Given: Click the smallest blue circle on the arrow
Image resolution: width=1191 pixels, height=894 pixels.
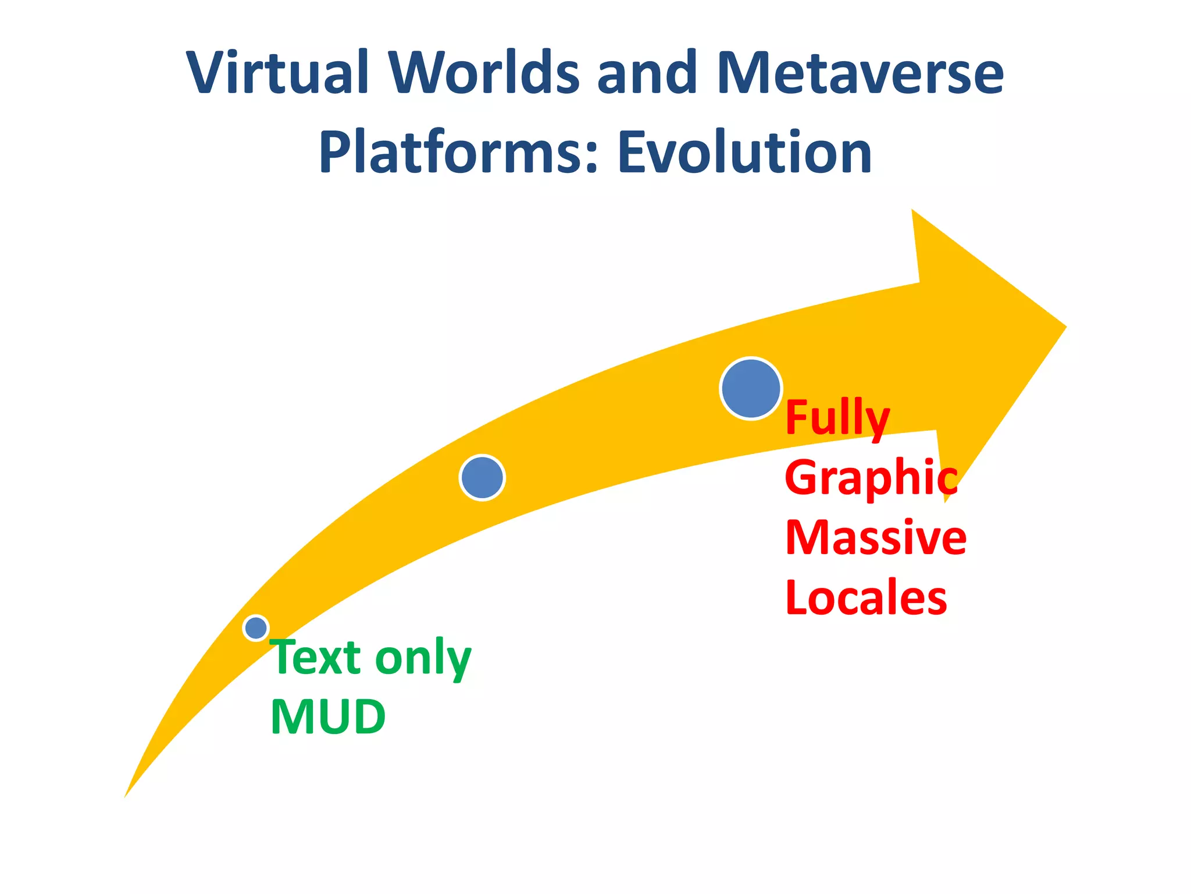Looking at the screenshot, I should pyautogui.click(x=256, y=628).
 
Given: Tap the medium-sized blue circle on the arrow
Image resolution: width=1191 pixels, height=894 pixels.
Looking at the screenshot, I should pyautogui.click(x=482, y=478).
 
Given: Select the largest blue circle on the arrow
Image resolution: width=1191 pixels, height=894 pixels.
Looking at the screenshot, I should pyautogui.click(x=751, y=388).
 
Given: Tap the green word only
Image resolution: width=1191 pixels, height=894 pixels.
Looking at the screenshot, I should pyautogui.click(x=423, y=658).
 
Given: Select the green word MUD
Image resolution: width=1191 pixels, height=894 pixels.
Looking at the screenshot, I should pyautogui.click(x=328, y=717).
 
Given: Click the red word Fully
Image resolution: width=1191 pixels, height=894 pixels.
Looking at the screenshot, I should pyautogui.click(x=837, y=418).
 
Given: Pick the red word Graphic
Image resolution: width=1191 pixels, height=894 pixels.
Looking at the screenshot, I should pyautogui.click(x=871, y=478).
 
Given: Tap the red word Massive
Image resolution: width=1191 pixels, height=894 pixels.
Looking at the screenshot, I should pyautogui.click(x=875, y=538).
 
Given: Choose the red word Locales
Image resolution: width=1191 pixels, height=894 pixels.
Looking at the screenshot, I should pyautogui.click(x=866, y=598).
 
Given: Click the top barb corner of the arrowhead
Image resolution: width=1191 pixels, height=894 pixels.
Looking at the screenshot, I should pyautogui.click(x=912, y=211).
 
